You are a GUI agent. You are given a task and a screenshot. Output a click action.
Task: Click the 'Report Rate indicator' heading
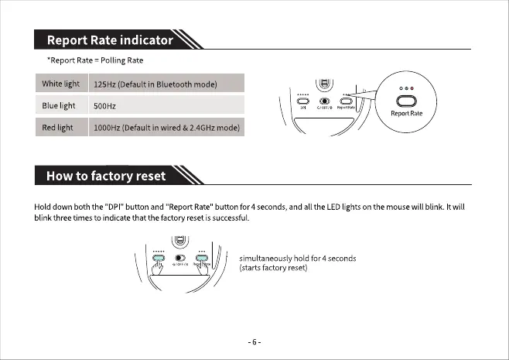tap(109, 39)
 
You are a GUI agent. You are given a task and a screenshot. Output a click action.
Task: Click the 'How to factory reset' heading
tap(106, 176)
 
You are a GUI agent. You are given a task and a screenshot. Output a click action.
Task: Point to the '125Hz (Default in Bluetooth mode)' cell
tap(154, 84)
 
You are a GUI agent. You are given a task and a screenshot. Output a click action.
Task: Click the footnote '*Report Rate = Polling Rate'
tap(94, 60)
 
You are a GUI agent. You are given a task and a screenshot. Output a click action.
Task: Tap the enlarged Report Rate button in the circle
tap(406, 100)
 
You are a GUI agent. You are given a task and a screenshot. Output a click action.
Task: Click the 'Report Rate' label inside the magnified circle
tap(406, 114)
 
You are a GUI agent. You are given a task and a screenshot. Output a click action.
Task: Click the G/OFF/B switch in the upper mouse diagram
tap(325, 101)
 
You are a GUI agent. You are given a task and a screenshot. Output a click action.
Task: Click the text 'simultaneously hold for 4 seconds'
tap(298, 258)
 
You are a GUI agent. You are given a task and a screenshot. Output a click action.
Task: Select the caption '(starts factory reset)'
tap(275, 268)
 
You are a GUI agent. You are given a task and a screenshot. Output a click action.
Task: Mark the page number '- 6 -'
tap(254, 341)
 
